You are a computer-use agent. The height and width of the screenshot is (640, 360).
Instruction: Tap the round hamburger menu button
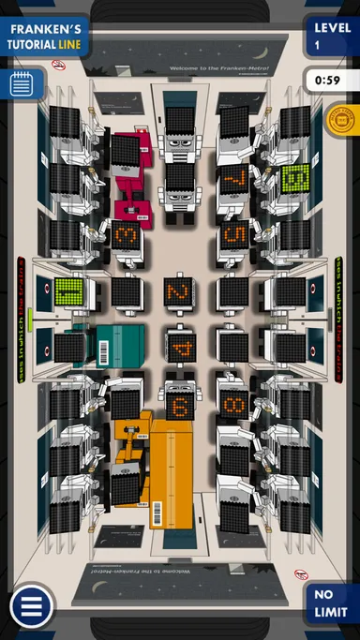click(x=31, y=607)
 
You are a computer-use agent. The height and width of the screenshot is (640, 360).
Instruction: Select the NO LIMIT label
click(x=330, y=603)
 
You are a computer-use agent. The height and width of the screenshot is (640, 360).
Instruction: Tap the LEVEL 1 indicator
click(x=331, y=36)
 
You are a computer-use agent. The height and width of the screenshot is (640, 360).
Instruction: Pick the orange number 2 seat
click(x=178, y=291)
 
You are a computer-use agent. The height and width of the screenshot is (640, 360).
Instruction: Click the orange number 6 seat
click(x=180, y=405)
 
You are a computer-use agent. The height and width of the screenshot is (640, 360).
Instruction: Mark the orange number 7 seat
click(x=234, y=178)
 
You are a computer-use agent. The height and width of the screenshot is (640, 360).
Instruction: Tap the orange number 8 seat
click(x=234, y=406)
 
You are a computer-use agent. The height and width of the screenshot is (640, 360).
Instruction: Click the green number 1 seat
click(x=68, y=292)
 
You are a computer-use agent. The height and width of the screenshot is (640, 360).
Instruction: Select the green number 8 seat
click(x=295, y=178)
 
